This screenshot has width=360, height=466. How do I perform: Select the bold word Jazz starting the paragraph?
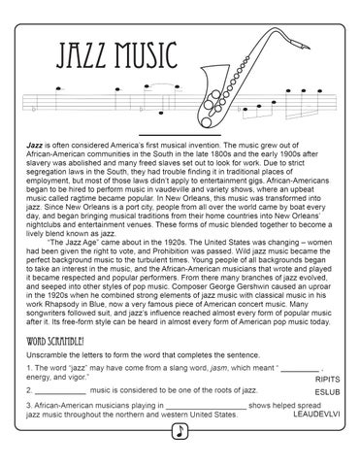[x=37, y=142]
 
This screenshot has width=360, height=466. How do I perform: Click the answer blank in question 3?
[x=204, y=431]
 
